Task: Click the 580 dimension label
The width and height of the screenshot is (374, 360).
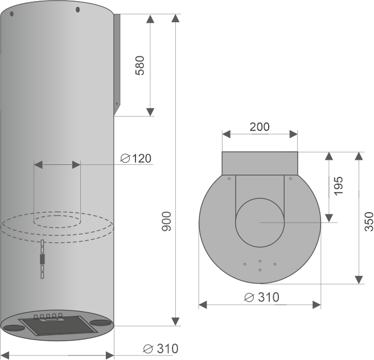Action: (140, 65)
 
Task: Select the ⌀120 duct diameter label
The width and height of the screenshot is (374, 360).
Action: (136, 158)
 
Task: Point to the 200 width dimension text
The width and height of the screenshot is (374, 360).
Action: (260, 127)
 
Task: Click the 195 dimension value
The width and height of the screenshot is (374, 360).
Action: (338, 186)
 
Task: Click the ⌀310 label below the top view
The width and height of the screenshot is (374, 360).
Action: (260, 297)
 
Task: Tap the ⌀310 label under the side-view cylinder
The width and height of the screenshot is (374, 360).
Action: (160, 348)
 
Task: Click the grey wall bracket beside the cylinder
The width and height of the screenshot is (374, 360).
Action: (118, 63)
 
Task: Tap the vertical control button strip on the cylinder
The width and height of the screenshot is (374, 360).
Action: (42, 259)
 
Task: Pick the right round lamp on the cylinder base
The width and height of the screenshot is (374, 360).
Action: (100, 322)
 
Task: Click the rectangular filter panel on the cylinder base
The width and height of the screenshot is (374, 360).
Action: (57, 326)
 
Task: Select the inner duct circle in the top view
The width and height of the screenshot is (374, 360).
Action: (260, 222)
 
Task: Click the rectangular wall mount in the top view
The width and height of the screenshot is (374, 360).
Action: (260, 163)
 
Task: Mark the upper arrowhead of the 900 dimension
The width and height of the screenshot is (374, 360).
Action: (175, 20)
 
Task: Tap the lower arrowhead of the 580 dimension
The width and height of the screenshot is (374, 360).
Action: (150, 110)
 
